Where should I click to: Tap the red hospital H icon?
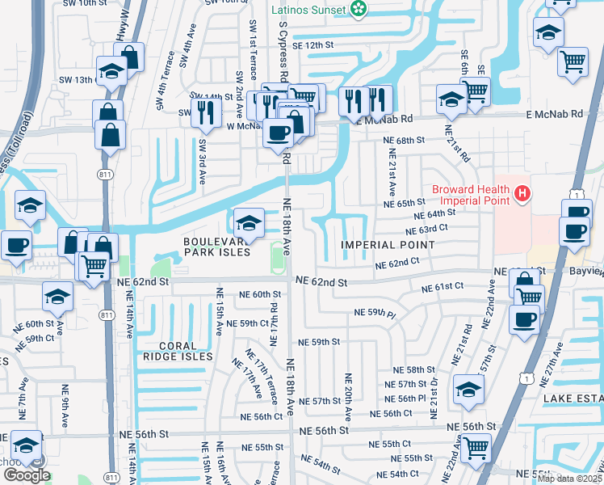click(x=523, y=194)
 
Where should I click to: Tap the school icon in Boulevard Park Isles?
click(x=250, y=223)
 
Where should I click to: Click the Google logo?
click(x=27, y=475)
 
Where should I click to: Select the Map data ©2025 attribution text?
click(x=569, y=479)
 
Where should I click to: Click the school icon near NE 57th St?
click(x=469, y=389)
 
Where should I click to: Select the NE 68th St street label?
click(x=405, y=141)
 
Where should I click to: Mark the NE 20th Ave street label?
click(x=349, y=395)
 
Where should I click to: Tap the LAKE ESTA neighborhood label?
click(x=573, y=399)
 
